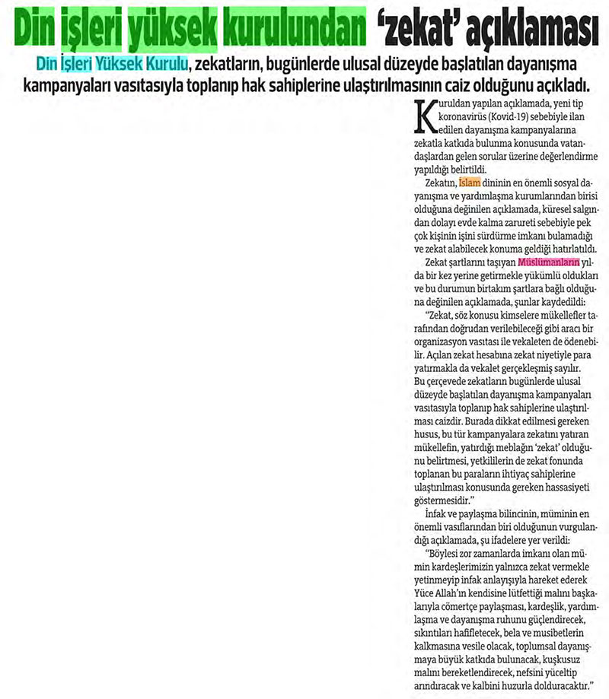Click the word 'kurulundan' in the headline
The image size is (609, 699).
(292, 30)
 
